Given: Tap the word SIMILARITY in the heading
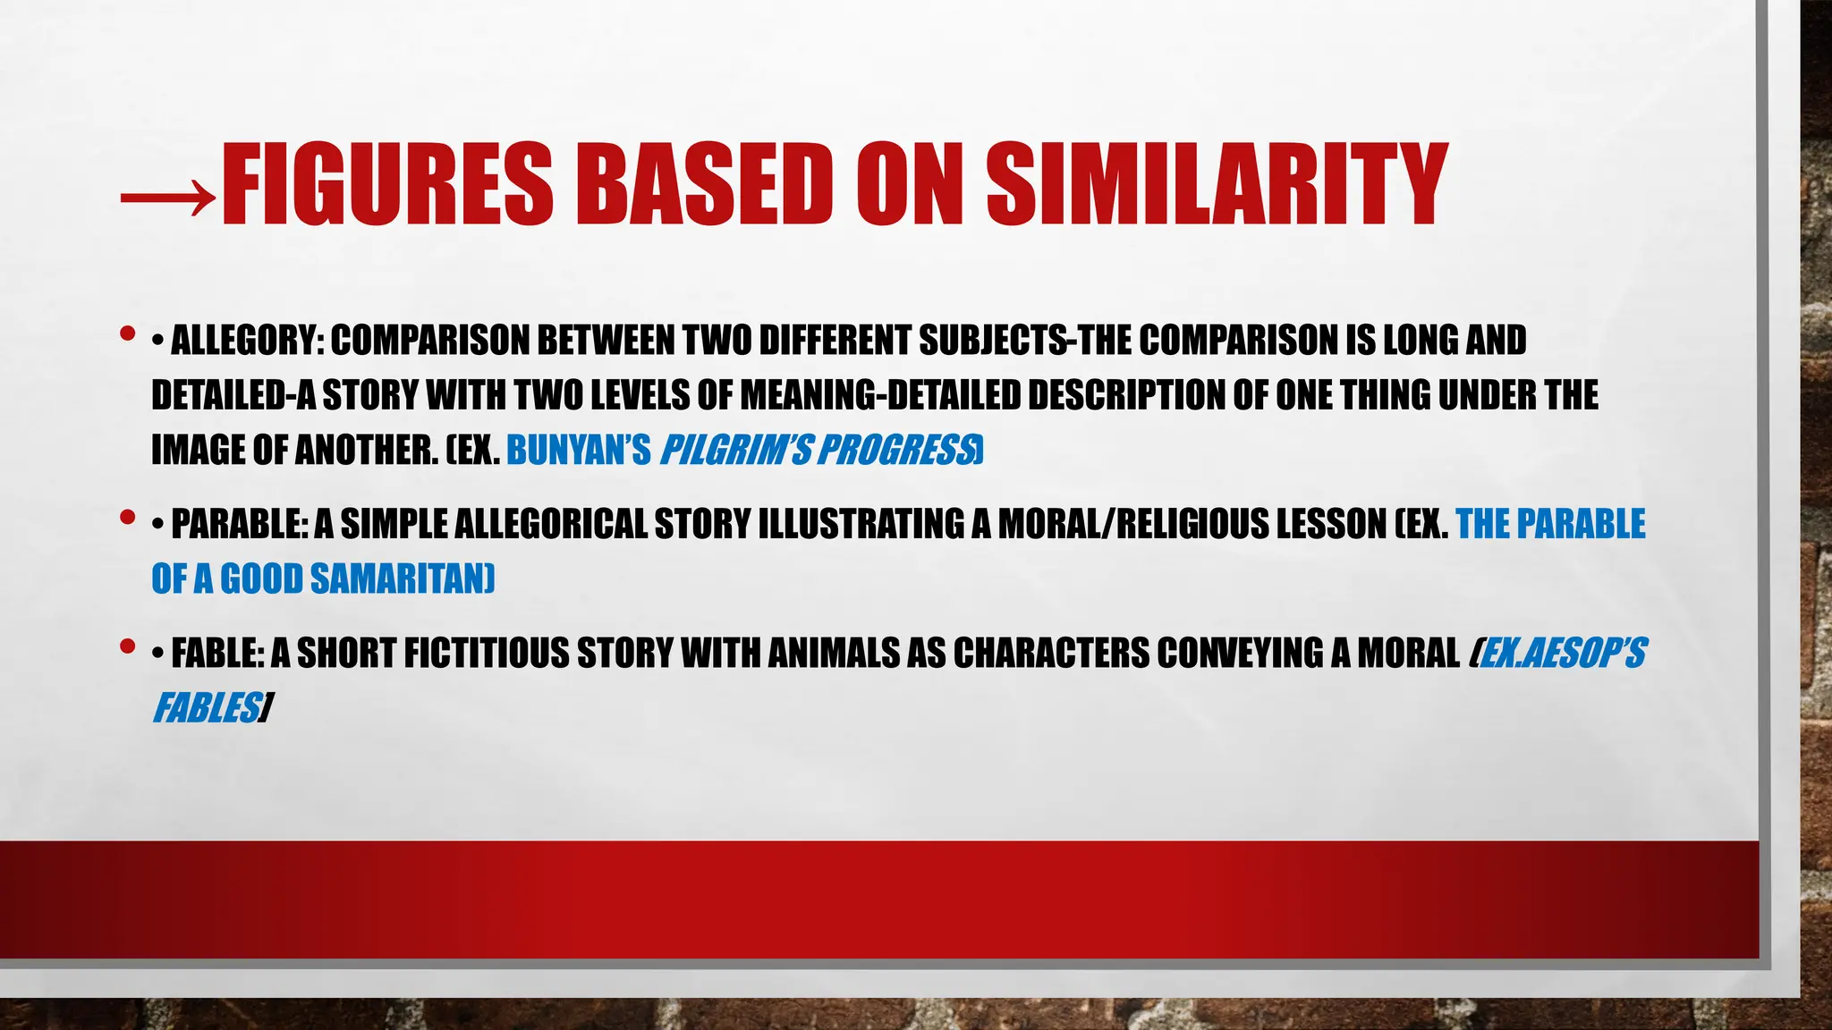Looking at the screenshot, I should pos(1217,185).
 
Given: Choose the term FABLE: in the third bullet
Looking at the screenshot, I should pos(217,654).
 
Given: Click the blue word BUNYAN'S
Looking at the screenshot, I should pos(578,451).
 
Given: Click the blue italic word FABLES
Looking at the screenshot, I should pos(206,709).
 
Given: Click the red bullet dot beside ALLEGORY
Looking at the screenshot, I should pos(127,334).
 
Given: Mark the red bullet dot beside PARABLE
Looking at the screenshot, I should pos(127,518).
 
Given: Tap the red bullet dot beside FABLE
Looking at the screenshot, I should pos(127,646).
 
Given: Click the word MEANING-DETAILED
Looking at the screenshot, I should pos(880,395).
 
